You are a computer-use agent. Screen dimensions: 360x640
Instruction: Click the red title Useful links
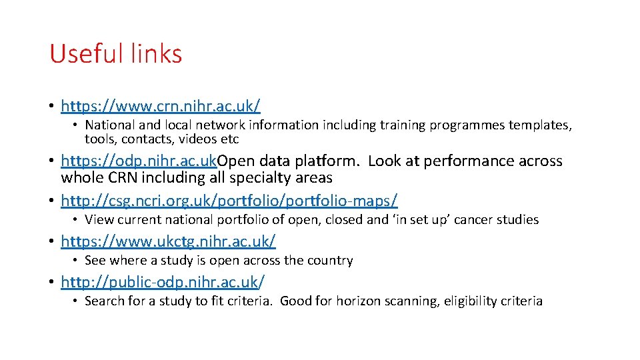(115, 54)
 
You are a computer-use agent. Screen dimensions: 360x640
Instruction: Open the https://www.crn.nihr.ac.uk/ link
(160, 106)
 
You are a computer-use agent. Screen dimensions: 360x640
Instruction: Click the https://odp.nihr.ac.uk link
(139, 161)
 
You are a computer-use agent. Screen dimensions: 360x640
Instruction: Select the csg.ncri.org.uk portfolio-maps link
(229, 200)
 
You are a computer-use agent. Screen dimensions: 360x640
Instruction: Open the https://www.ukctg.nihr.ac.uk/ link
(168, 241)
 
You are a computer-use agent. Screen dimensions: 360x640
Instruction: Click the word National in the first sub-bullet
(109, 125)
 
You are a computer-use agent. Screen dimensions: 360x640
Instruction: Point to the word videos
(201, 139)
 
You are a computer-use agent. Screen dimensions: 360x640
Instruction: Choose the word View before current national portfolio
(99, 219)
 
